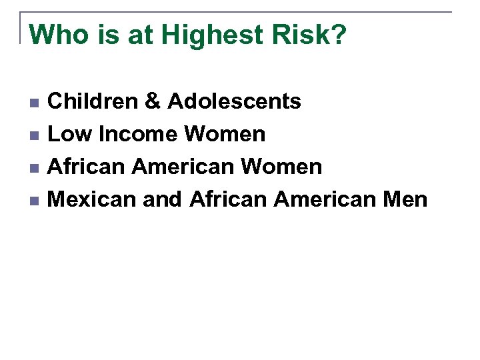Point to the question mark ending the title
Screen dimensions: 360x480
pyautogui.click(x=339, y=34)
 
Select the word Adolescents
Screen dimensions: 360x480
pyautogui.click(x=234, y=102)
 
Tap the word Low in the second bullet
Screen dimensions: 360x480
pyautogui.click(x=70, y=135)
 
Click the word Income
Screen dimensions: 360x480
pyautogui.click(x=137, y=135)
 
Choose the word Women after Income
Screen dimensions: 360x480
pyautogui.click(x=225, y=135)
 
